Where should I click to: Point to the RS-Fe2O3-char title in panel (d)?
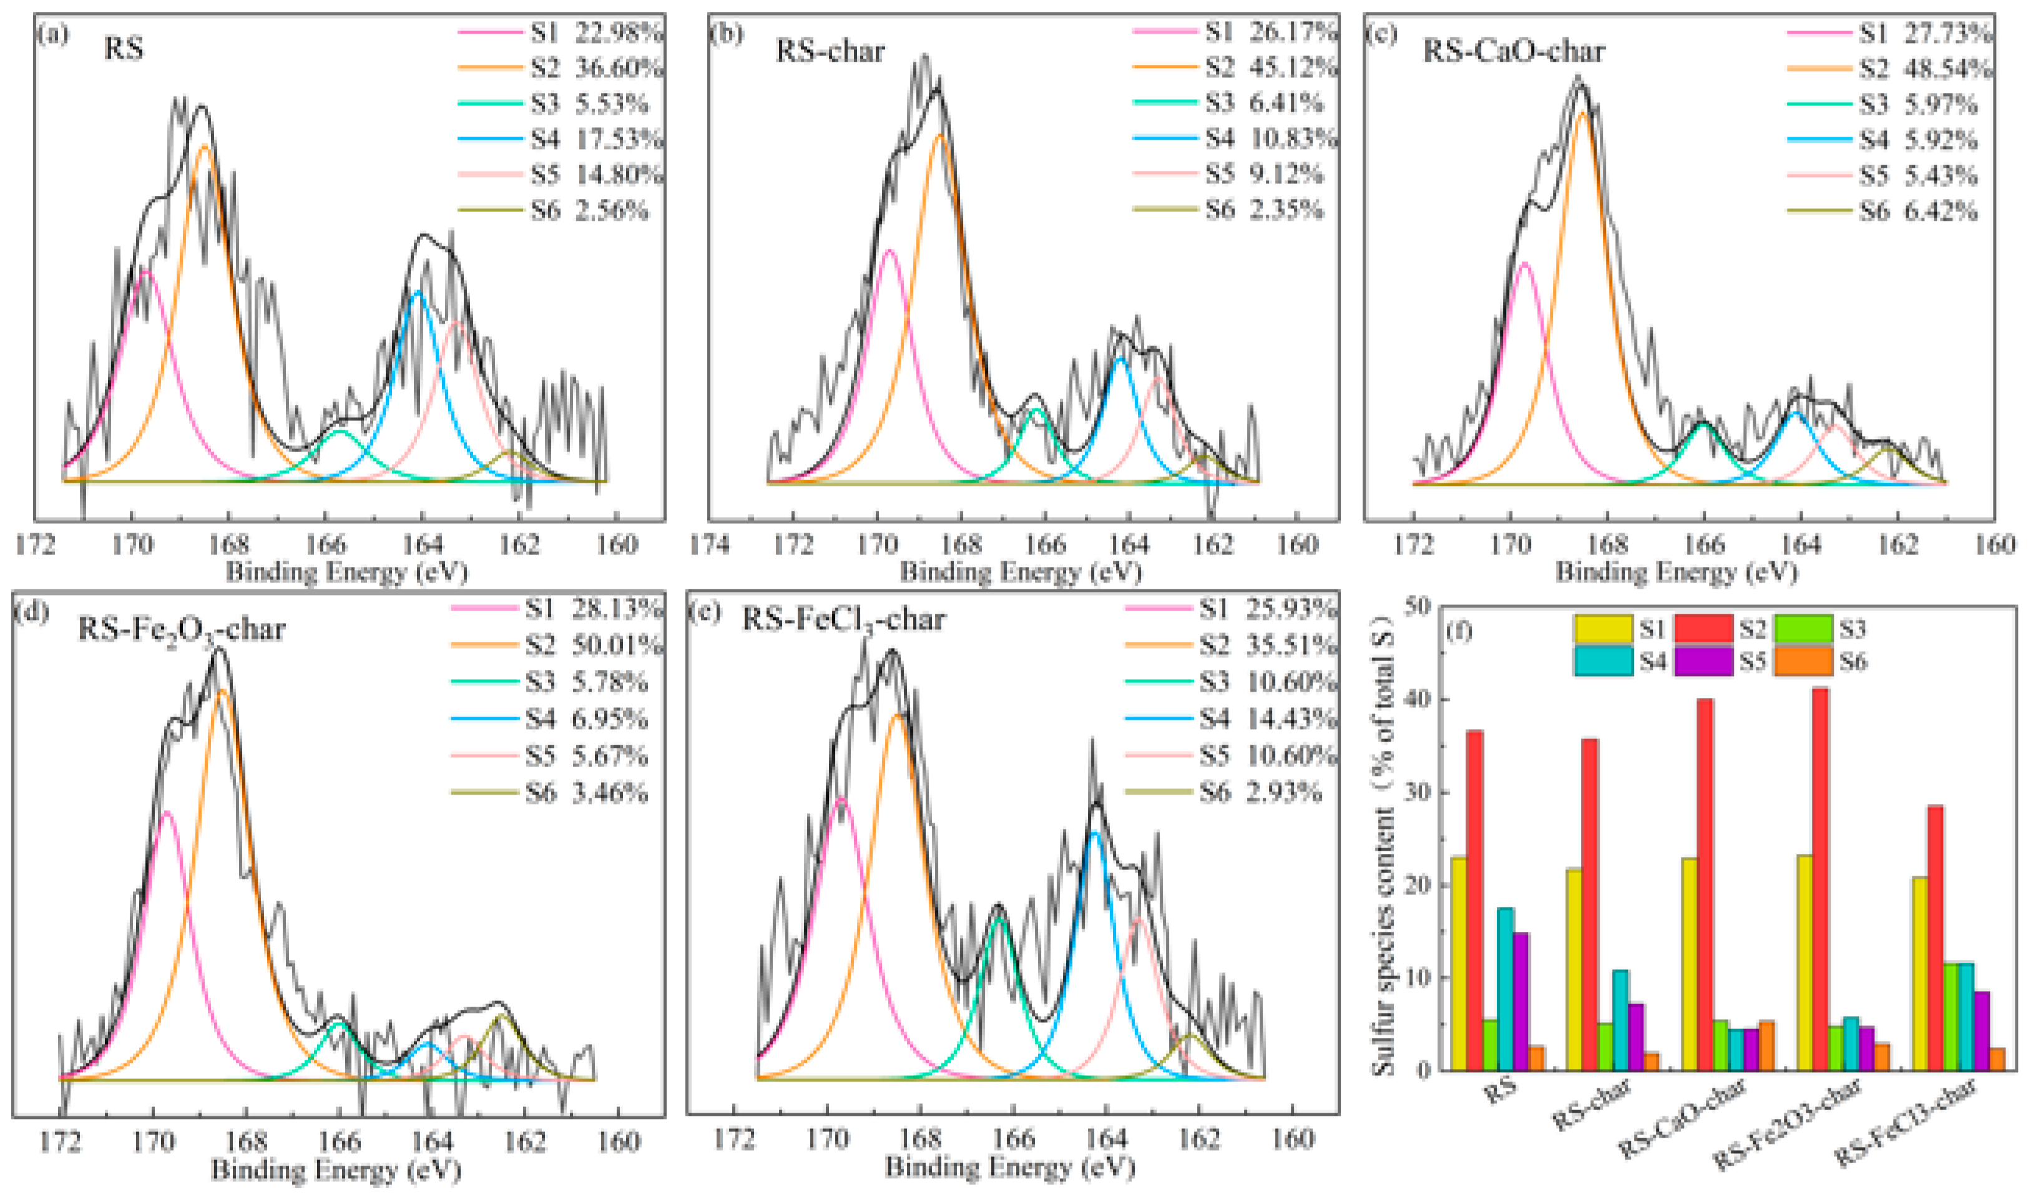[182, 629]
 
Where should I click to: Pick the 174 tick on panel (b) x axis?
[709, 544]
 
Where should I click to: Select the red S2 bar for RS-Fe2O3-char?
[1820, 879]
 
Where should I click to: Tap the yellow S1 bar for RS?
[1459, 964]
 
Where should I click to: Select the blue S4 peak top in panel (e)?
[1095, 832]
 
